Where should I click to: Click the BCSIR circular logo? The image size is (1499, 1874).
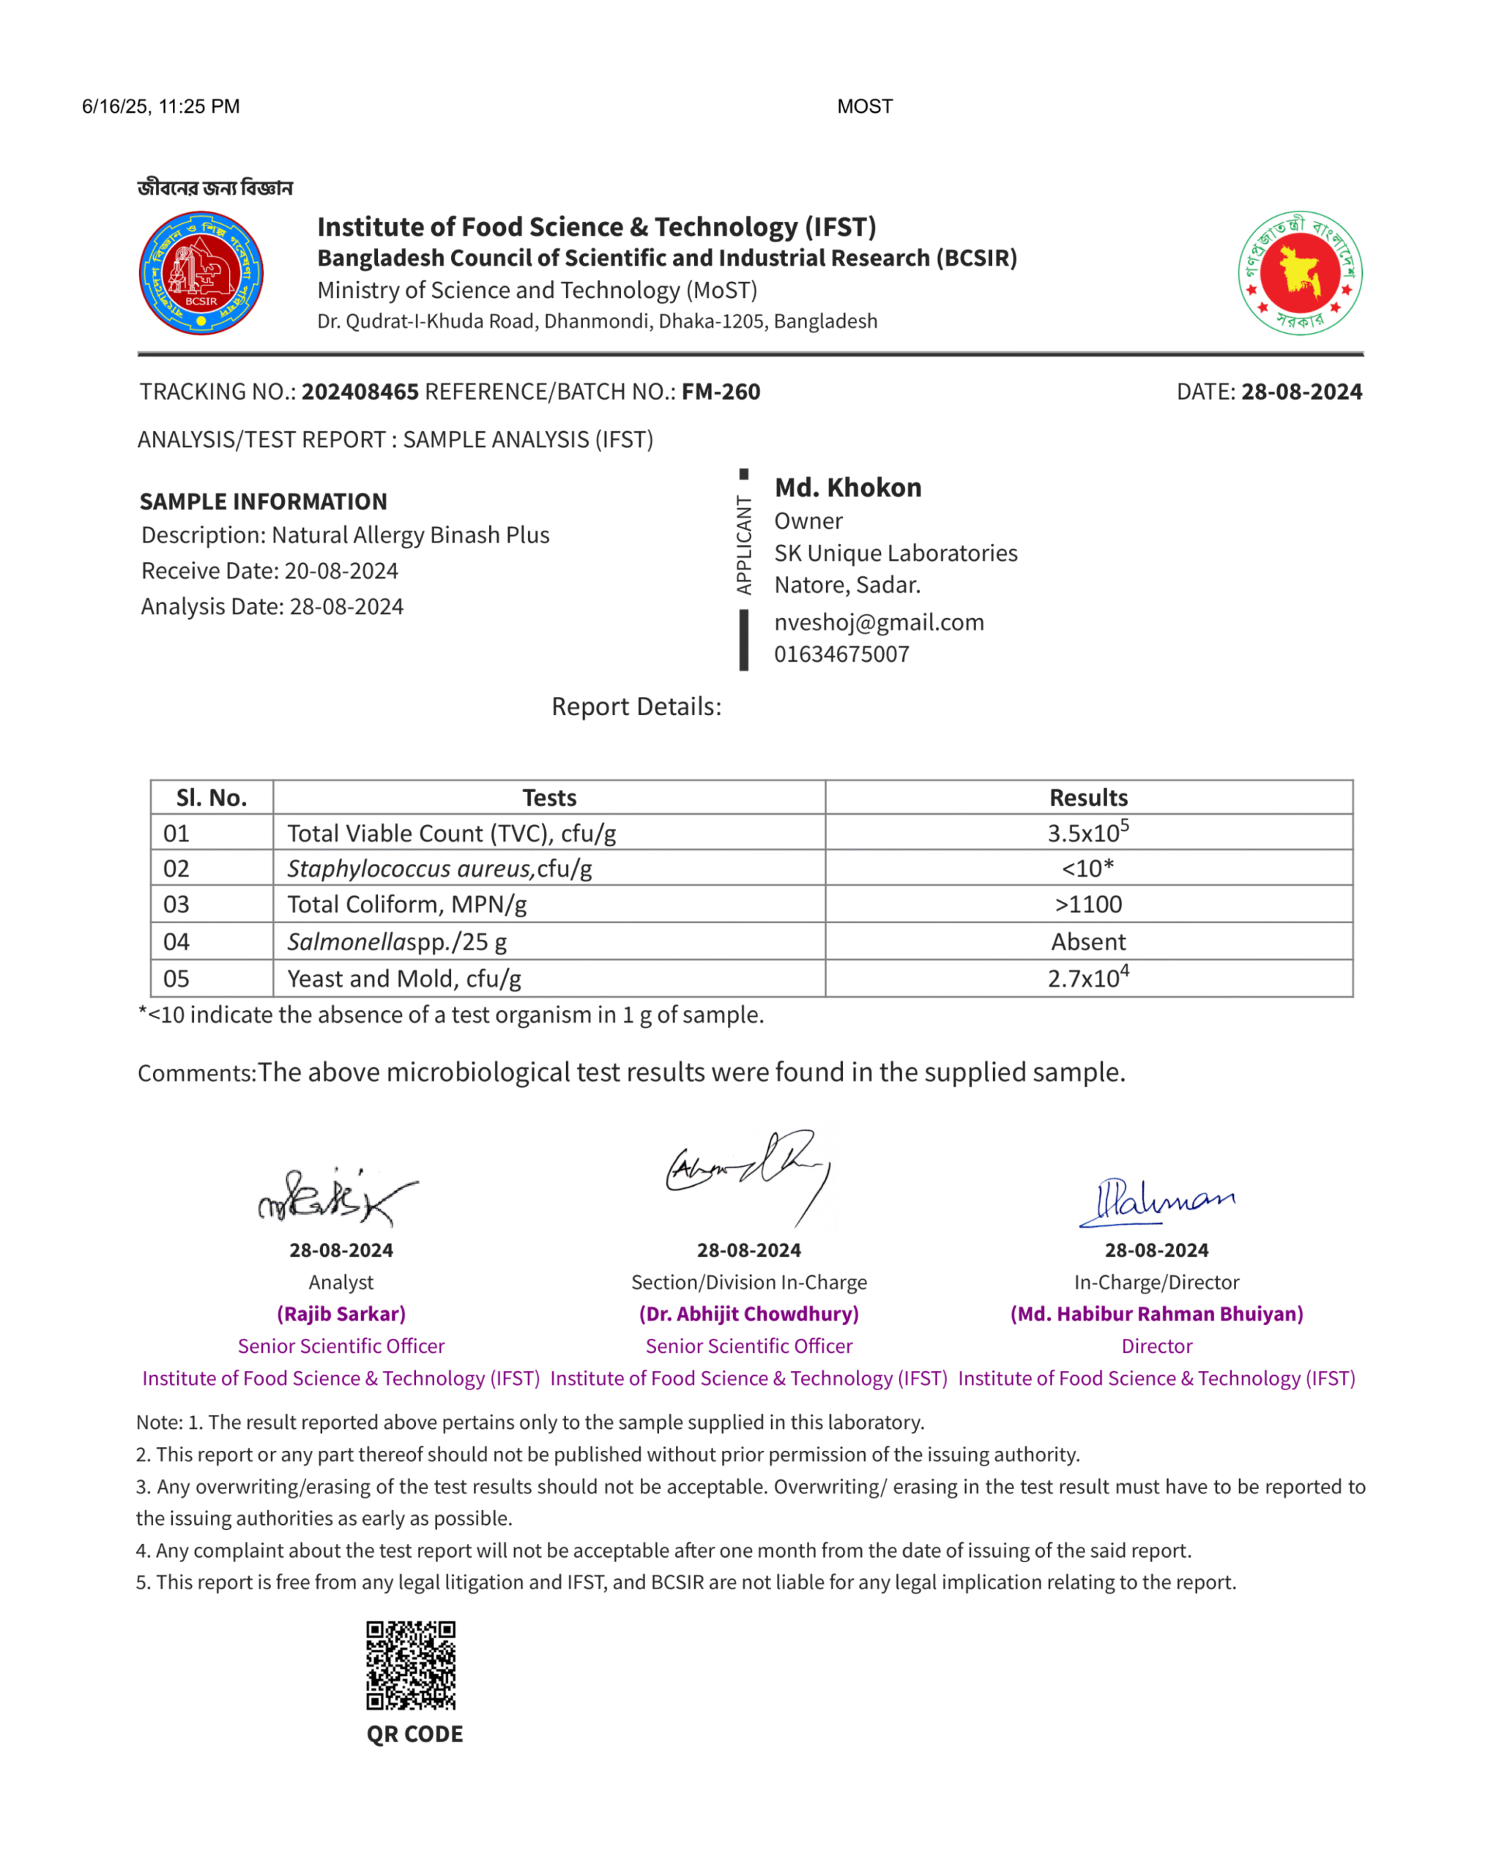pyautogui.click(x=201, y=273)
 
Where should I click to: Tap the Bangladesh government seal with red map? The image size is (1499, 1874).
pyautogui.click(x=1299, y=273)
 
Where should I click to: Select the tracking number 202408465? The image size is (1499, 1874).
pyautogui.click(x=360, y=392)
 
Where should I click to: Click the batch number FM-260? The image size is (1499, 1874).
pyautogui.click(x=720, y=392)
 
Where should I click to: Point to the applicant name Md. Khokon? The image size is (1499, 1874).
pyautogui.click(x=848, y=488)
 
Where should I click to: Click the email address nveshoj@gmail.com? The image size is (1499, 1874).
pyautogui.click(x=879, y=622)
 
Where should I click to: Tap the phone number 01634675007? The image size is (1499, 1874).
pyautogui.click(x=841, y=654)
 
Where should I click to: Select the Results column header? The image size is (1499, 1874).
pyautogui.click(x=1087, y=798)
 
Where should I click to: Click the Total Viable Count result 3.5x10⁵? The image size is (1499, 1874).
pyautogui.click(x=1087, y=833)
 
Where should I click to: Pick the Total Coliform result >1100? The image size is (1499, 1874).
pyautogui.click(x=1087, y=905)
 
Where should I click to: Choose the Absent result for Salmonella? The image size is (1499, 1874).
pyautogui.click(x=1087, y=942)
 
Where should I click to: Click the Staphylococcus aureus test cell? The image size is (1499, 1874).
pyautogui.click(x=439, y=869)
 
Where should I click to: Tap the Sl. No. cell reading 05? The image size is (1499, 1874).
pyautogui.click(x=176, y=979)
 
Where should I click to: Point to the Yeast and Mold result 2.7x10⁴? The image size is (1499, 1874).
pyautogui.click(x=1087, y=979)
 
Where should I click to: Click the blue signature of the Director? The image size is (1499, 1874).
pyautogui.click(x=1156, y=1201)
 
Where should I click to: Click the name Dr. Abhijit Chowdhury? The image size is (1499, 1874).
pyautogui.click(x=748, y=1314)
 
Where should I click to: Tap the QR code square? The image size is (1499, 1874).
pyautogui.click(x=410, y=1665)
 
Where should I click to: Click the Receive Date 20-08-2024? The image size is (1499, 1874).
pyautogui.click(x=341, y=571)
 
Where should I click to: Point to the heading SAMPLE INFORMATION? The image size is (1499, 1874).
pyautogui.click(x=264, y=501)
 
